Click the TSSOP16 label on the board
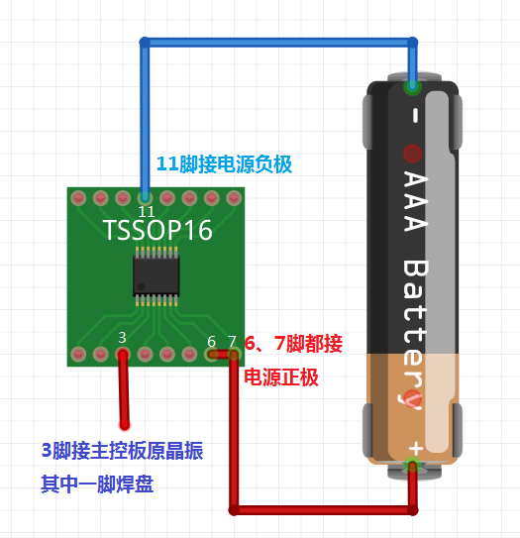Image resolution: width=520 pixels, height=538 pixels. coord(157,230)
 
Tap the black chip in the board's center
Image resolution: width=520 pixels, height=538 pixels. coord(156,276)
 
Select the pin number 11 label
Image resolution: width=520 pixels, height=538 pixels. coord(147,211)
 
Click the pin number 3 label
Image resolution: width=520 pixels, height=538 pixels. coord(122,338)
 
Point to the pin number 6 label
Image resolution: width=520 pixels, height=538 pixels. coord(212,342)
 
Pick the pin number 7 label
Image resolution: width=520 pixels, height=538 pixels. coord(232,342)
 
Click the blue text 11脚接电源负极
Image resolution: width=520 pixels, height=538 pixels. coord(224,164)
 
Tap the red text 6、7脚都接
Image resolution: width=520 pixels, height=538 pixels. coord(293,343)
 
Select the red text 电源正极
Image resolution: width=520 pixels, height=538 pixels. coord(281,377)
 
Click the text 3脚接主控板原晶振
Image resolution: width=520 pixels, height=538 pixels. coord(123,451)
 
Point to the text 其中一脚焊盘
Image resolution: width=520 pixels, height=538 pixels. coord(97,484)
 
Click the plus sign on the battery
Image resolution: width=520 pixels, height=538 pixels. coord(416,448)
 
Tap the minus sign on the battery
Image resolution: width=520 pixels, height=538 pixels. coord(415,115)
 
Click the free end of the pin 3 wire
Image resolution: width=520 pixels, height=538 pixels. coord(125,425)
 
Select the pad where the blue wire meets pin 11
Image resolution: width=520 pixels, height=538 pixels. coord(145,197)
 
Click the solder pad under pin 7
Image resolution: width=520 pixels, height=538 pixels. coord(234,354)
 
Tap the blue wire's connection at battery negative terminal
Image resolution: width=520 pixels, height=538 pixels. coord(413,86)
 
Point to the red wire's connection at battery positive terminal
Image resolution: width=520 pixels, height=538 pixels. coord(413,466)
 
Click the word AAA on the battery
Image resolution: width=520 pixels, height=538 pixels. coord(415,201)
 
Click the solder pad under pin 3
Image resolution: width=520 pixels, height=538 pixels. coord(123,354)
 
